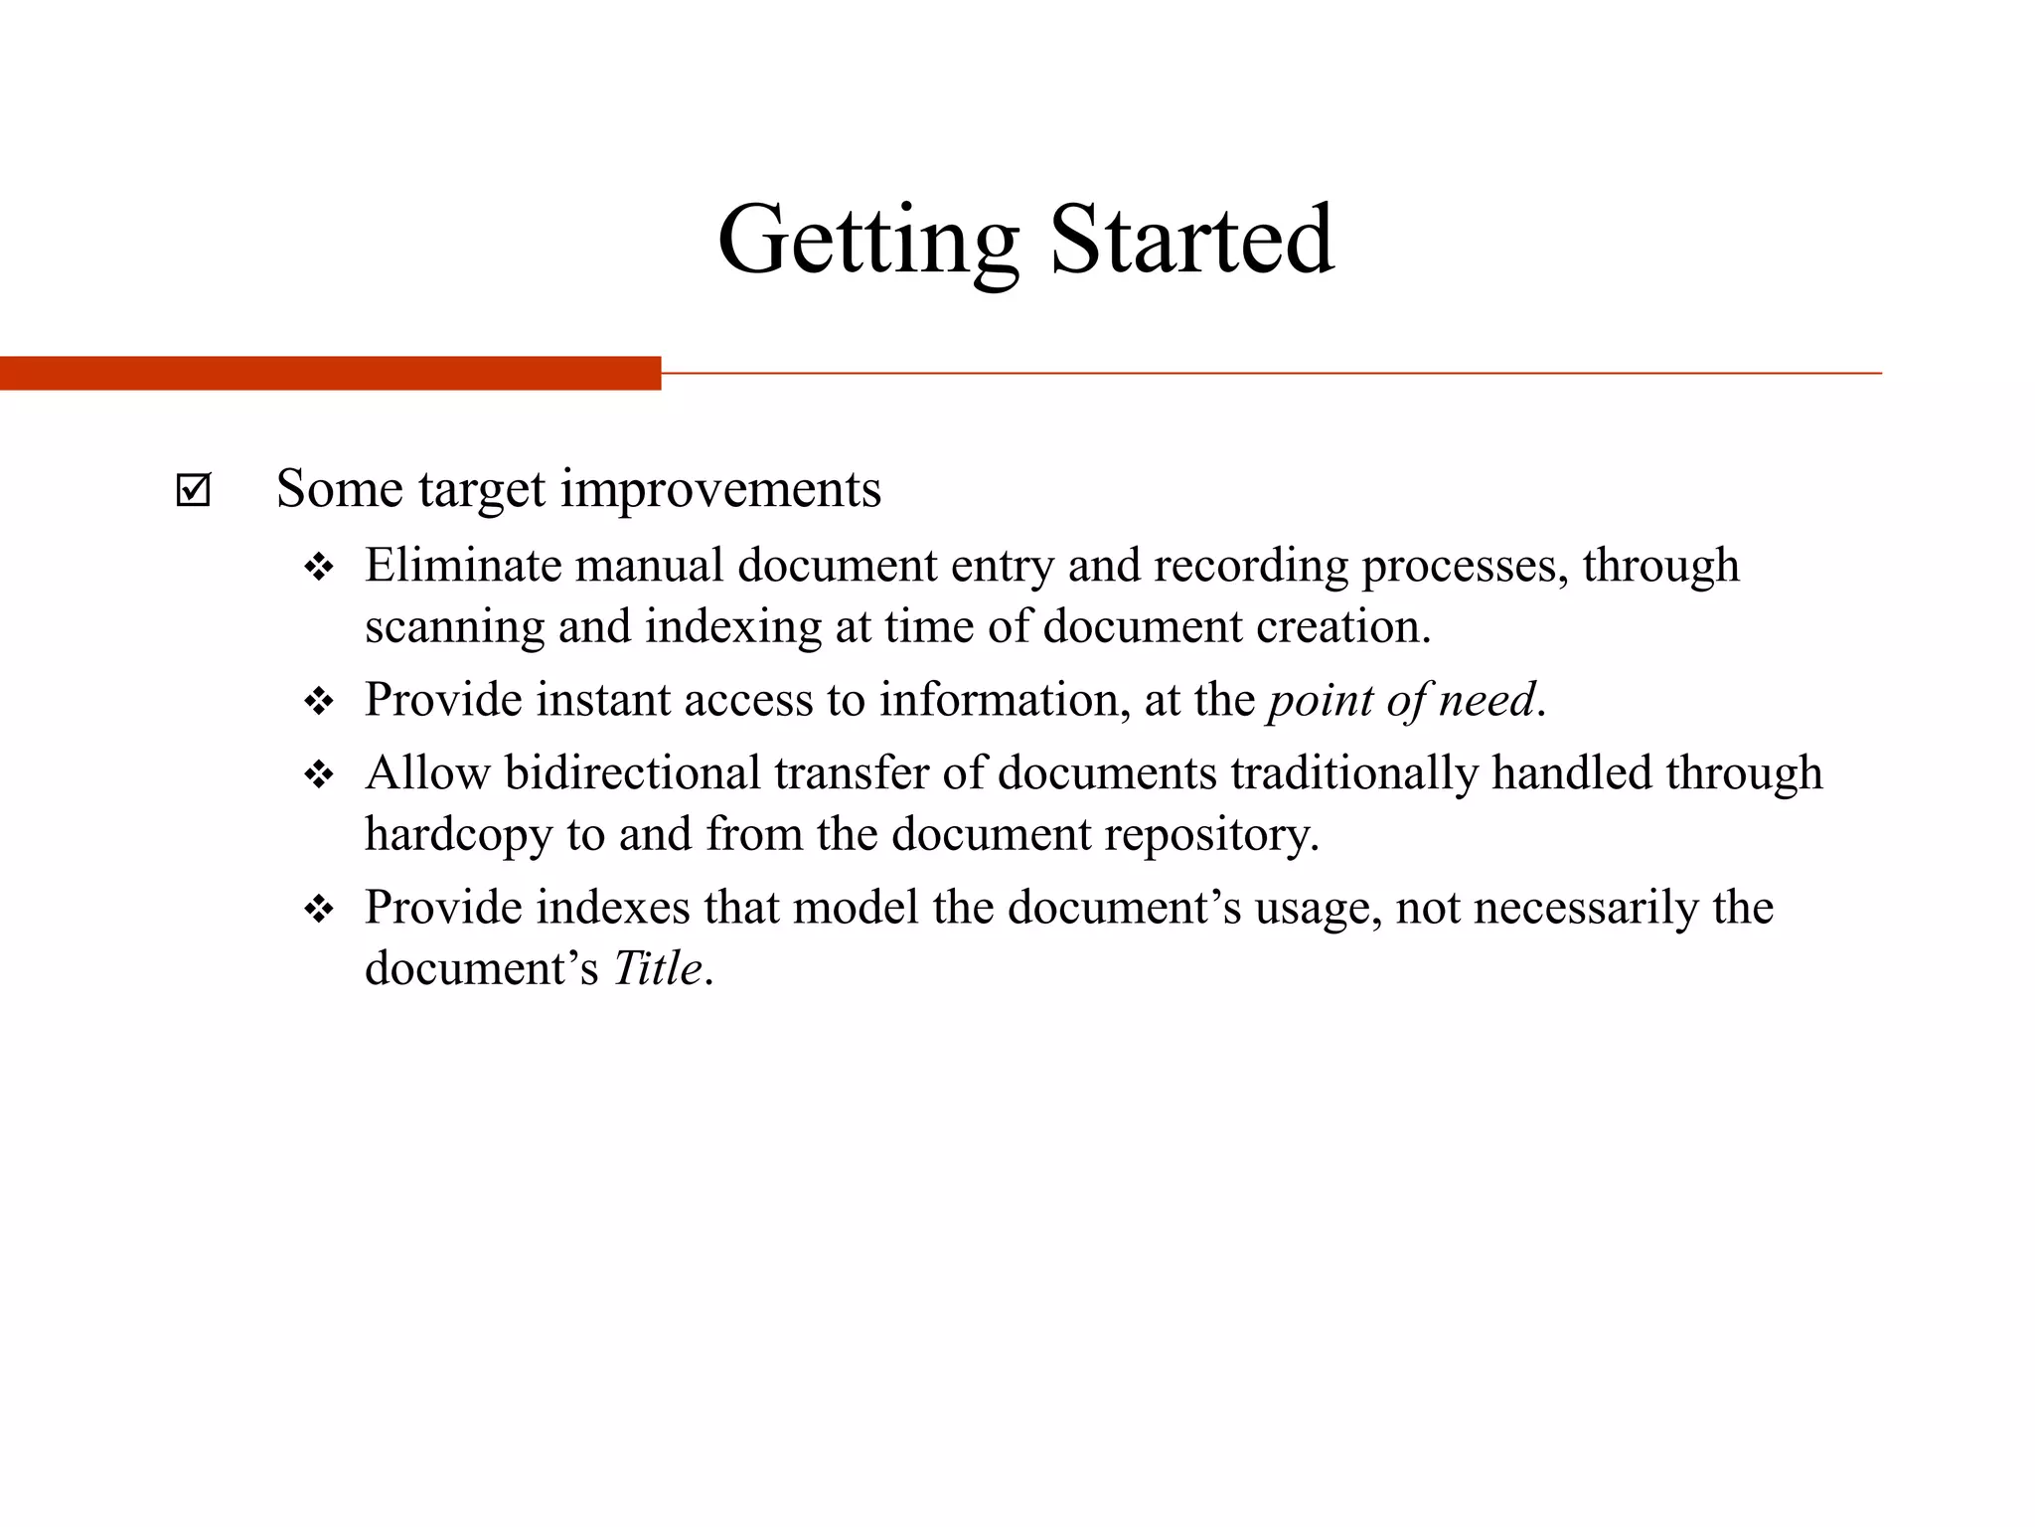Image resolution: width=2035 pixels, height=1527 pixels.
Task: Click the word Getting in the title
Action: pyautogui.click(x=867, y=242)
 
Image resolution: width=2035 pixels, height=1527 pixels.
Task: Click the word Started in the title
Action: pyautogui.click(x=1191, y=242)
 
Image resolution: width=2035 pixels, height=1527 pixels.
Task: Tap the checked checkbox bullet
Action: pyautogui.click(x=193, y=490)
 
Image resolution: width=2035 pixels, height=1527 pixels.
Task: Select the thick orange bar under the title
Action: pyautogui.click(x=330, y=373)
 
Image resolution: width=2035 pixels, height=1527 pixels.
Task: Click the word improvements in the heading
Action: pyautogui.click(x=720, y=490)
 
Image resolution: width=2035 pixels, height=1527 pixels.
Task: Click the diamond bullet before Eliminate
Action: pyautogui.click(x=319, y=569)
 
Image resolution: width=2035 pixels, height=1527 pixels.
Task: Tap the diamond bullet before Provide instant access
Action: pyautogui.click(x=319, y=703)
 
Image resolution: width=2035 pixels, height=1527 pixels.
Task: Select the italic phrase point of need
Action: pyautogui.click(x=1402, y=701)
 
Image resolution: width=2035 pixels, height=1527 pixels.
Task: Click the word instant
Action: pyautogui.click(x=603, y=700)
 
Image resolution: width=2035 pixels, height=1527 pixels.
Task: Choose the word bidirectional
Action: pyautogui.click(x=633, y=773)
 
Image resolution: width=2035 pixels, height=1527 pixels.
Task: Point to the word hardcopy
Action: pyautogui.click(x=458, y=835)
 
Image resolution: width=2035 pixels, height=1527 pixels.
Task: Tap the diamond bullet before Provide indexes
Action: pyautogui.click(x=319, y=910)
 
